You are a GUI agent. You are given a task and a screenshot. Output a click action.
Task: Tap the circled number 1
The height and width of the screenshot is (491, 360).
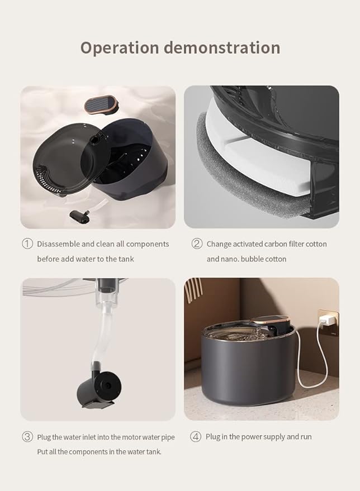click(x=27, y=244)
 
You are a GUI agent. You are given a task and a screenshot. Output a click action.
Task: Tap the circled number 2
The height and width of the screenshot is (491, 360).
click(x=197, y=244)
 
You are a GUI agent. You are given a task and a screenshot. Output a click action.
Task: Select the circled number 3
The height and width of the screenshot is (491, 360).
click(x=27, y=437)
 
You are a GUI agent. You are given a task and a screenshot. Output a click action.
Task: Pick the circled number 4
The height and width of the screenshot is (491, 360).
click(x=196, y=437)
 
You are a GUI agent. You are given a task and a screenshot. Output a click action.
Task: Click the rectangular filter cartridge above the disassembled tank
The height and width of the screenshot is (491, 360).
click(x=101, y=104)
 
